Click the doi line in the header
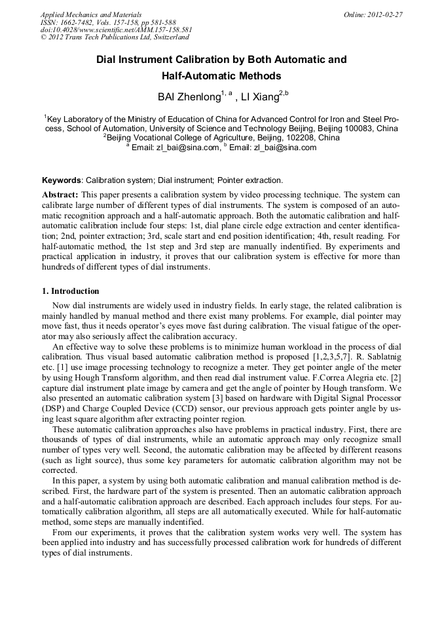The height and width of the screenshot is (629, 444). [x=116, y=30]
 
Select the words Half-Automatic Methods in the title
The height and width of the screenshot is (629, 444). [x=221, y=76]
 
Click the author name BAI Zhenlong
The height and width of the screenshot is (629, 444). [x=189, y=97]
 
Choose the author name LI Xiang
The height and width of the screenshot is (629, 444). [x=261, y=97]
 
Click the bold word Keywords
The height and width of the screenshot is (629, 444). [x=62, y=180]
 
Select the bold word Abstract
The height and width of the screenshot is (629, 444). [x=60, y=195]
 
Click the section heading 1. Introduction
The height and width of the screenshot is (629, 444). [x=71, y=291]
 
